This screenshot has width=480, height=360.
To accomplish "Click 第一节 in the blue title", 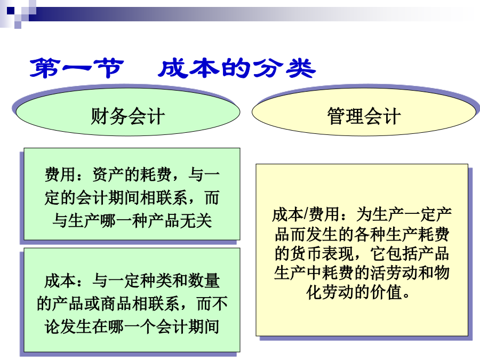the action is (77, 68).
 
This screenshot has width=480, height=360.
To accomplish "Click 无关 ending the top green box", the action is (196, 220).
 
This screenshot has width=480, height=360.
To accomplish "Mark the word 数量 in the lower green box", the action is (204, 281).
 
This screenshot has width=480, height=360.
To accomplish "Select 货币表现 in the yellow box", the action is (322, 253).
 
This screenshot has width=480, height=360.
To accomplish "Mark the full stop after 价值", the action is (406, 296).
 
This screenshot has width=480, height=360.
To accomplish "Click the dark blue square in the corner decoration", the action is (11, 11).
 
